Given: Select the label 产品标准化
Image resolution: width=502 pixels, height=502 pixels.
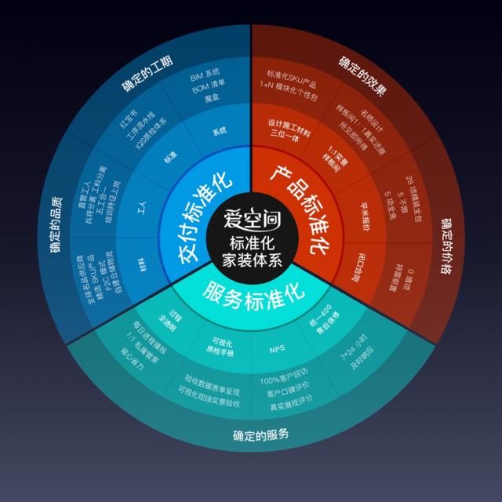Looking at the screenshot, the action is [298, 208].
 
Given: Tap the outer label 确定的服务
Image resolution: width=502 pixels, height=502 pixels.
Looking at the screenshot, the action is [260, 435].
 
